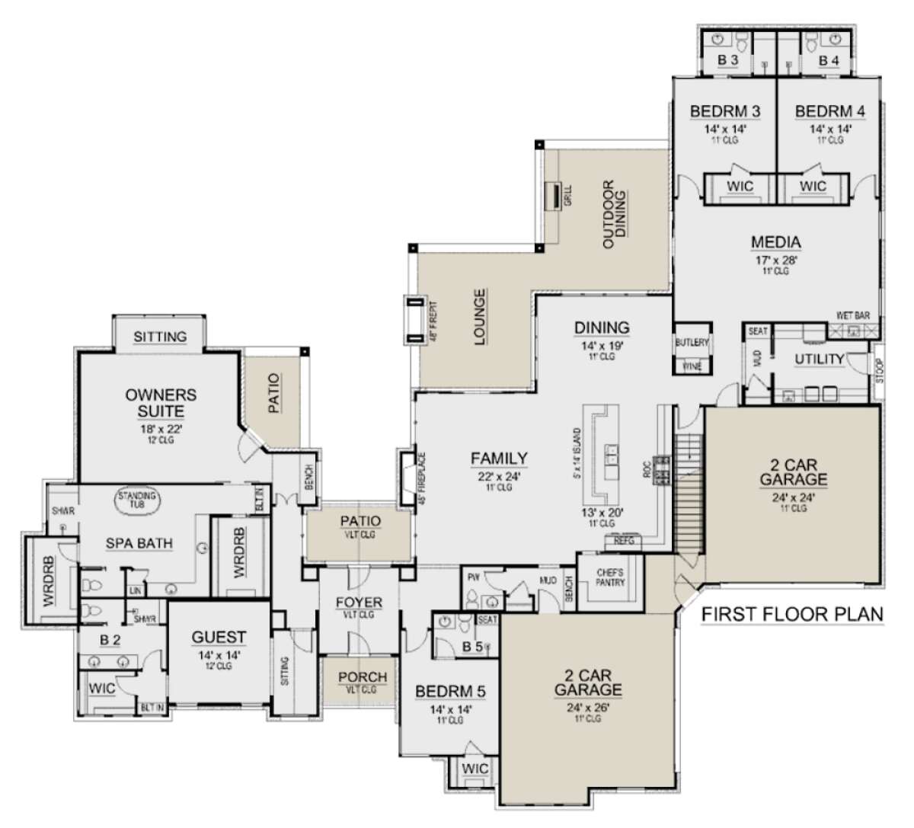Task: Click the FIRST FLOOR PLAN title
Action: pyautogui.click(x=791, y=614)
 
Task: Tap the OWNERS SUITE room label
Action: pyautogui.click(x=161, y=403)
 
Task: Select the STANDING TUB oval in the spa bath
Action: pyautogui.click(x=137, y=499)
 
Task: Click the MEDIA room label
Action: pyautogui.click(x=775, y=242)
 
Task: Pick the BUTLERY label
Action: pyautogui.click(x=692, y=343)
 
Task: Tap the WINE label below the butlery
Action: pyautogui.click(x=692, y=366)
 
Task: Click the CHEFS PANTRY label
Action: pyautogui.click(x=611, y=577)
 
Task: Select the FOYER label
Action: pyautogui.click(x=359, y=602)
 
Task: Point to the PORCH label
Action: pyautogui.click(x=362, y=676)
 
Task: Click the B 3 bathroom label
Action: pyautogui.click(x=727, y=59)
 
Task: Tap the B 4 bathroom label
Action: pyautogui.click(x=829, y=59)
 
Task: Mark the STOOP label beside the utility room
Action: pyautogui.click(x=879, y=371)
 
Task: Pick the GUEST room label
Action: pyautogui.click(x=219, y=637)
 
